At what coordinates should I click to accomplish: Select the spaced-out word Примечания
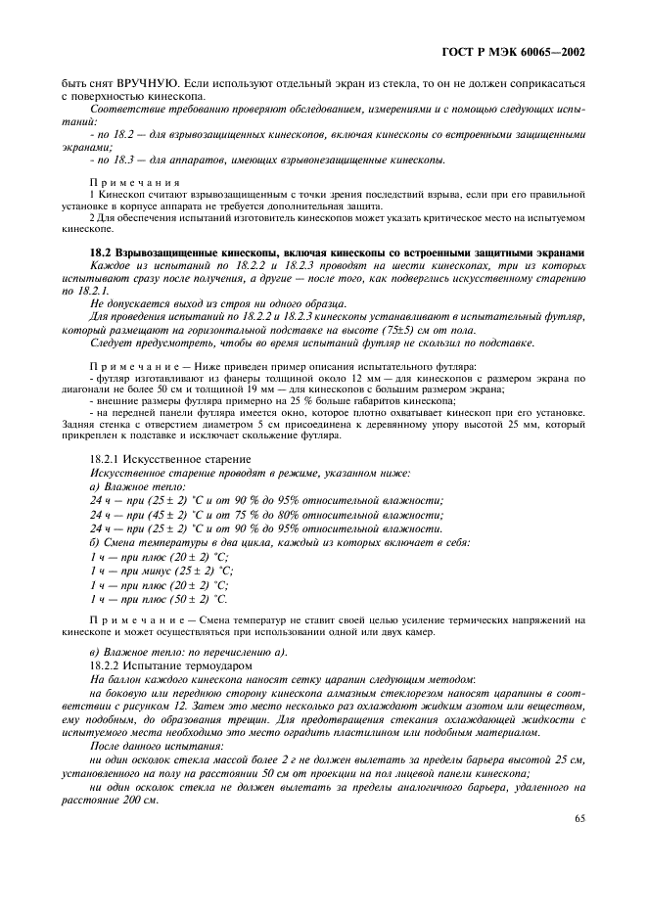click(135, 183)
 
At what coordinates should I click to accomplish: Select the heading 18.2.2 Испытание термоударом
click(162, 665)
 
